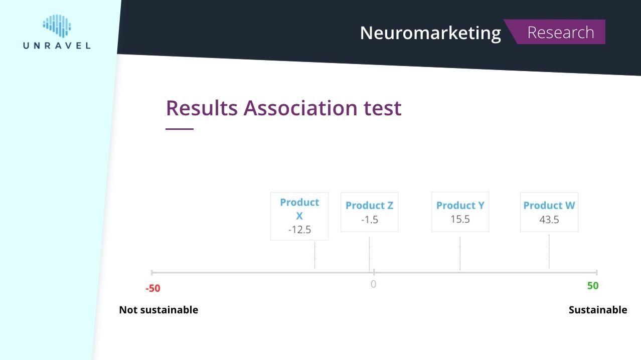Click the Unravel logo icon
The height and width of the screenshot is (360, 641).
click(57, 26)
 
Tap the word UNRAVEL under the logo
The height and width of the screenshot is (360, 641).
click(57, 46)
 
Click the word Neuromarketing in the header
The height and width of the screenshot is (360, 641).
click(430, 33)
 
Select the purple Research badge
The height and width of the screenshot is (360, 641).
click(555, 32)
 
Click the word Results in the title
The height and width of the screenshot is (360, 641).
click(202, 108)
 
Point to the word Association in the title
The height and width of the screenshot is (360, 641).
click(300, 108)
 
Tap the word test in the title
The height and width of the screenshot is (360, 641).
click(383, 109)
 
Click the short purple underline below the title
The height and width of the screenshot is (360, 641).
click(180, 129)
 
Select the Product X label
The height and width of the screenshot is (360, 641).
click(299, 209)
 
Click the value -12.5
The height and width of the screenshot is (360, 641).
click(299, 230)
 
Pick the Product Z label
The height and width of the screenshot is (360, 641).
click(370, 205)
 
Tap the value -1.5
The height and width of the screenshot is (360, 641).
click(370, 220)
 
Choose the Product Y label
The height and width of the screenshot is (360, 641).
click(460, 205)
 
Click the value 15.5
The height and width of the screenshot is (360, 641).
click(460, 219)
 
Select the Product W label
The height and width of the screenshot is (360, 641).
click(549, 205)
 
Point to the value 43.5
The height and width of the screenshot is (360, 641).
click(549, 220)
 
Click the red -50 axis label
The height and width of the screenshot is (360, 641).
click(153, 288)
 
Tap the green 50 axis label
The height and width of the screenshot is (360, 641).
click(593, 286)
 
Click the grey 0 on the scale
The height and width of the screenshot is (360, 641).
click(373, 284)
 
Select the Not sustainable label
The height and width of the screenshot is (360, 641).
click(158, 310)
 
